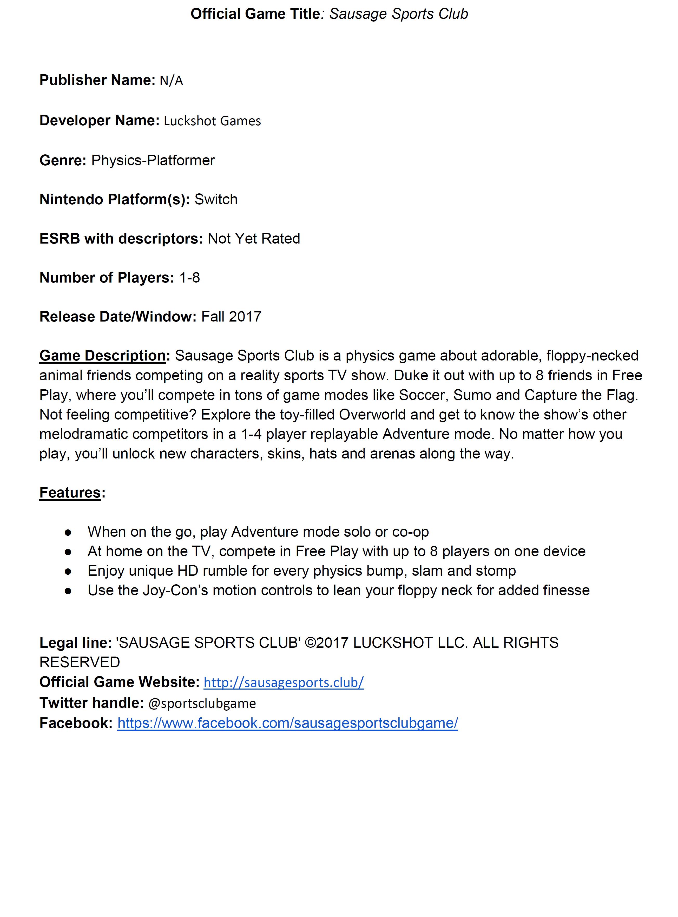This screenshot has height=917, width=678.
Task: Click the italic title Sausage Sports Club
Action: coord(398,14)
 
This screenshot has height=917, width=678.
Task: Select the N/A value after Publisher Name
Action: coord(171,81)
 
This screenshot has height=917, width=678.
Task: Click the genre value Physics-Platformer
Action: coord(153,160)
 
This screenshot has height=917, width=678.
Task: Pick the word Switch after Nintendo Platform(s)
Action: coord(216,200)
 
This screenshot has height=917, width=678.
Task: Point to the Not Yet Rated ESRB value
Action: coord(254,239)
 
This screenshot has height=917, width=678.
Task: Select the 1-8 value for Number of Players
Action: coord(190,278)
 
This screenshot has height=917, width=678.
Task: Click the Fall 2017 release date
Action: coord(231,317)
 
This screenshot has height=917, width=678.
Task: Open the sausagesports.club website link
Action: coord(283,682)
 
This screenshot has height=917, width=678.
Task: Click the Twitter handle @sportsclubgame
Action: coord(202,703)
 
